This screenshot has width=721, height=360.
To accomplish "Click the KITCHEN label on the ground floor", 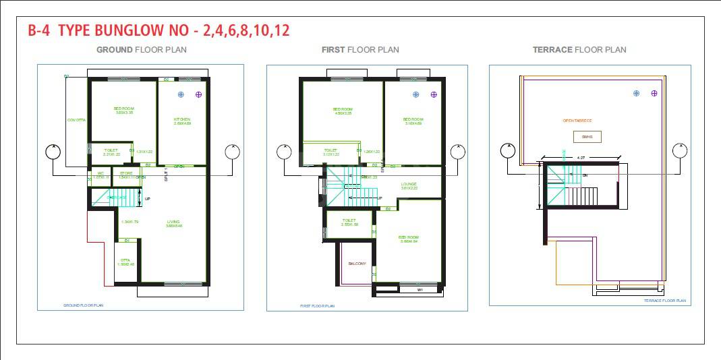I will click(182, 119).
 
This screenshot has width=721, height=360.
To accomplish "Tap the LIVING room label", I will click(173, 222).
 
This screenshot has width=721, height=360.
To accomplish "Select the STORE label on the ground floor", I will click(126, 173).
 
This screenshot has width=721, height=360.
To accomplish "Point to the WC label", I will click(100, 173).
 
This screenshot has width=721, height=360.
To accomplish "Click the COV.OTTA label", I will click(76, 120).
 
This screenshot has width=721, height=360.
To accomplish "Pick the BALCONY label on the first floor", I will click(357, 264).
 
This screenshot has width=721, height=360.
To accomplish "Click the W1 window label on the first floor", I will click(420, 290).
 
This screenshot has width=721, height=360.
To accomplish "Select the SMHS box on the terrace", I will click(587, 137).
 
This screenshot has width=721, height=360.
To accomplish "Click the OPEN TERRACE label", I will click(577, 121).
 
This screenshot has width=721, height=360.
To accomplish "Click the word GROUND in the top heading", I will click(115, 49).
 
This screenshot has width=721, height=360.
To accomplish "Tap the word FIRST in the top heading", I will click(333, 49).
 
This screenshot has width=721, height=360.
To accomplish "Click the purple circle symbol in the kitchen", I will click(198, 94).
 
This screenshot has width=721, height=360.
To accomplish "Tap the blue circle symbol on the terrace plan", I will click(636, 93).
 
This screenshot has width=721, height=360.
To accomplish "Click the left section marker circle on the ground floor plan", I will click(53, 152).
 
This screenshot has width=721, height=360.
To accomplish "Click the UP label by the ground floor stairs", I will click(148, 199).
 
